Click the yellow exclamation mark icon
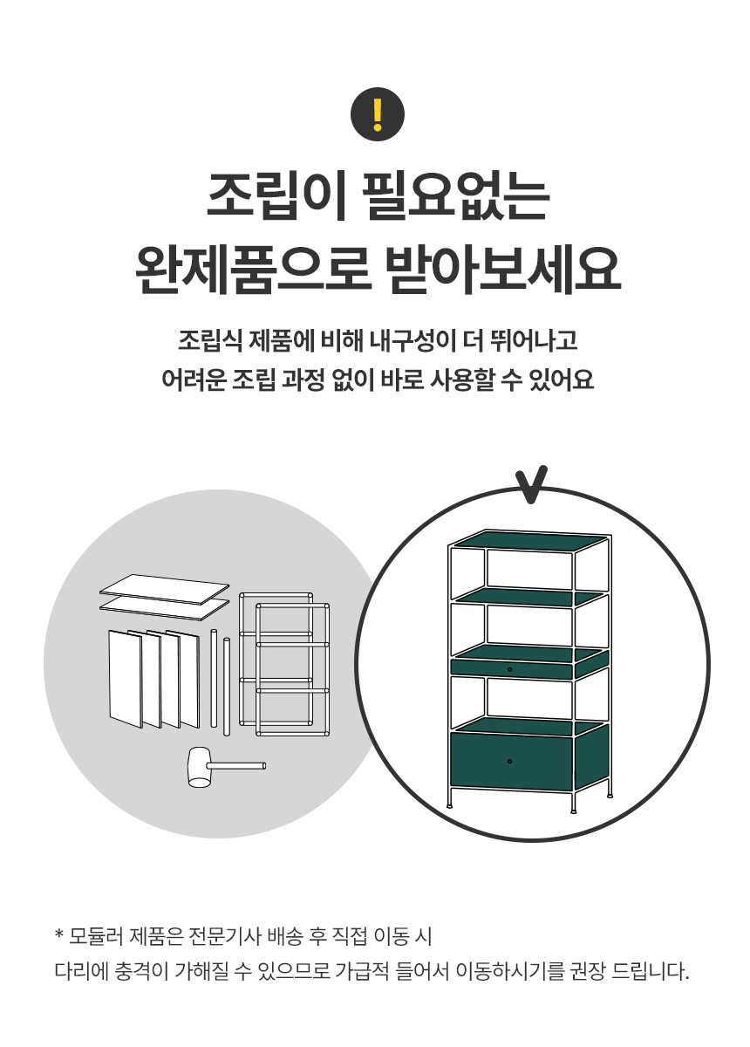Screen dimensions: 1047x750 377,114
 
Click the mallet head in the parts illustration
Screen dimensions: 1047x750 200,768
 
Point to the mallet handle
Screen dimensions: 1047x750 239,766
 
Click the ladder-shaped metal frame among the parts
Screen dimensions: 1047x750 292,667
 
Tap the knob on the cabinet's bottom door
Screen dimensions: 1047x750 509,762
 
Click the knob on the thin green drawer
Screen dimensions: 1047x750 509,669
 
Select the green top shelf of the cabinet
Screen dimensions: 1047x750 529,541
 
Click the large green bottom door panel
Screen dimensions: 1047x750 510,762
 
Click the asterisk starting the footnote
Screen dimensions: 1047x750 59,936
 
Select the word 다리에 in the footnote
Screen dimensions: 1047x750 79,971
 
